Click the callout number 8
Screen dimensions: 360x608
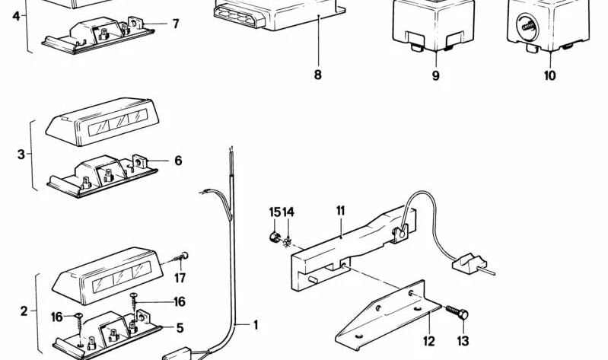pos(317,75)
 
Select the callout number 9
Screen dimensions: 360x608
pos(435,75)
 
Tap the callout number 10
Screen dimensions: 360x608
pos(549,75)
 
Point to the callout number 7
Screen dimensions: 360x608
pos(176,24)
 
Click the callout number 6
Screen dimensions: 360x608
pos(178,161)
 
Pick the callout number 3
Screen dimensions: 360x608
pos(21,155)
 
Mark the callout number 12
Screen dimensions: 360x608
pos(428,341)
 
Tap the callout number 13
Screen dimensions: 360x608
pos(463,341)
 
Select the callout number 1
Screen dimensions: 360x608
pos(256,325)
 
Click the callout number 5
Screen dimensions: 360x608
pos(180,328)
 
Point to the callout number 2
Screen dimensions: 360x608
pos(24,311)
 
